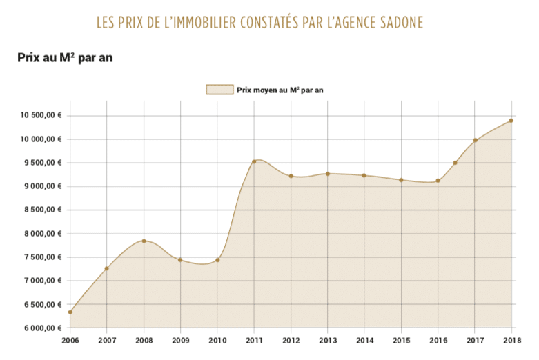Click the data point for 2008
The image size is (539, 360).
click(x=144, y=241)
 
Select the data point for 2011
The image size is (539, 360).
click(x=254, y=161)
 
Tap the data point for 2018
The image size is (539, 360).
click(x=511, y=121)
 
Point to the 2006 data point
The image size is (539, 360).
click(x=70, y=312)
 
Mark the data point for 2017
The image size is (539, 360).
click(x=475, y=141)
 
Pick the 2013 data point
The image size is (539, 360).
click(x=328, y=174)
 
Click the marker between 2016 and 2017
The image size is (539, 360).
click(x=455, y=163)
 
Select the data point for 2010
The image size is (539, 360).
click(x=217, y=260)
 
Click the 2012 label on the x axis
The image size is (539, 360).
click(x=291, y=341)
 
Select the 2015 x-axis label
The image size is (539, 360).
click(x=401, y=341)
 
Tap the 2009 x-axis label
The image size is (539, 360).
click(x=180, y=341)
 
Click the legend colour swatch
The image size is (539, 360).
click(x=219, y=90)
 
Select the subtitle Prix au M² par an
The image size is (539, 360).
click(x=64, y=58)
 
